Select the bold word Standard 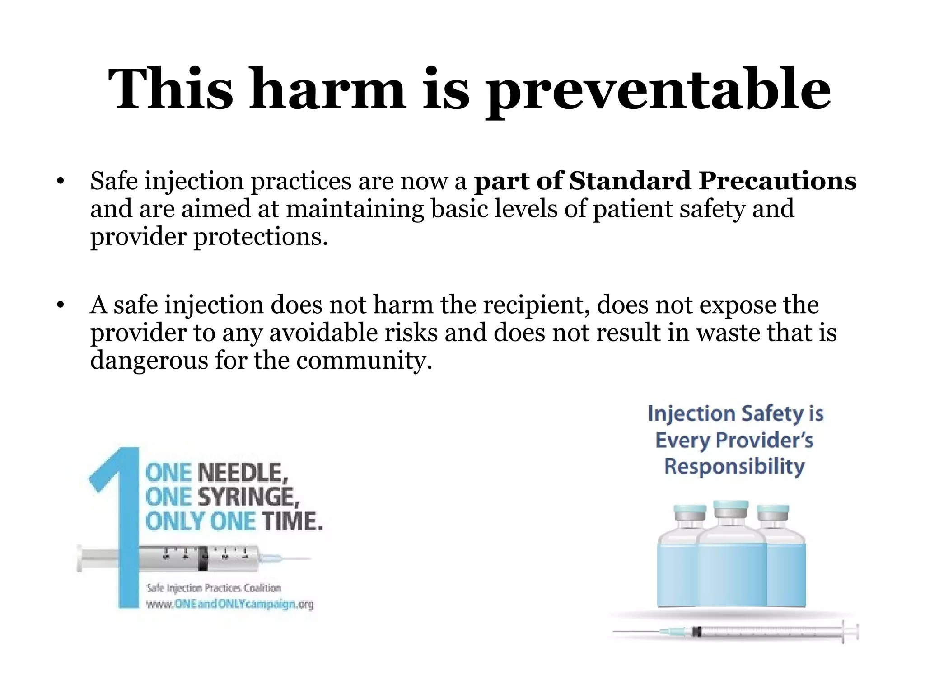click(630, 181)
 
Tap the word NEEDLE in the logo click(243, 474)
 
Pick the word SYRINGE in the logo click(248, 497)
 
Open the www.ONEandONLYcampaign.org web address click(230, 604)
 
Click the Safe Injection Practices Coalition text click(214, 588)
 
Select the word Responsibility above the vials click(735, 466)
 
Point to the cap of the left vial click(690, 513)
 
